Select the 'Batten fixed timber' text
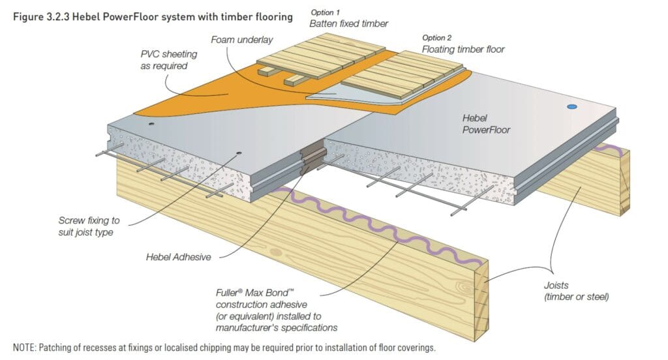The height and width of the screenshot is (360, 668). (x=348, y=23)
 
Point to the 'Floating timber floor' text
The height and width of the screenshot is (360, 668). (x=463, y=49)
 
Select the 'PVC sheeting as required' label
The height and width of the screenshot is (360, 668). (x=164, y=60)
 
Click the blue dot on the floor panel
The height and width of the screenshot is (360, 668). (x=572, y=106)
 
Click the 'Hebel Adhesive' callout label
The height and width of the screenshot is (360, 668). (x=178, y=257)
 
